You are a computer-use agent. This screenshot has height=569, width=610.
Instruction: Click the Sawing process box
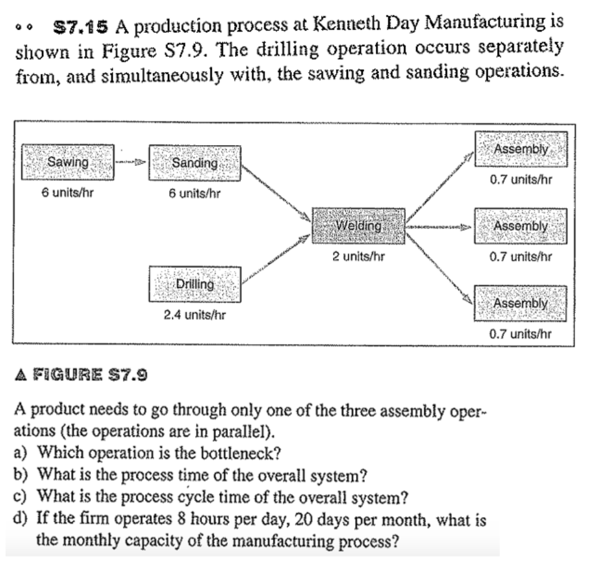tap(68, 162)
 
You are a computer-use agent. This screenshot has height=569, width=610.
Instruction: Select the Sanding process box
tap(194, 163)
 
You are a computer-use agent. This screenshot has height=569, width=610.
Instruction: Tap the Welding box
tap(358, 225)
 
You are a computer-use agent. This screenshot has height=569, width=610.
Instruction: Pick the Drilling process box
tap(194, 284)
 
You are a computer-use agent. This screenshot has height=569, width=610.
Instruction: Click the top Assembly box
tap(520, 149)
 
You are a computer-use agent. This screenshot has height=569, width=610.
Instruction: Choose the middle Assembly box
tap(520, 225)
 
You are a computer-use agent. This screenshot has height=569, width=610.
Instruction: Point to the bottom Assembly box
tap(520, 302)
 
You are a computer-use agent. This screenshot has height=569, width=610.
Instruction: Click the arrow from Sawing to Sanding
tap(131, 163)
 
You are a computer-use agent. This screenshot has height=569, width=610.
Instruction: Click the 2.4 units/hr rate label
tap(194, 315)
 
